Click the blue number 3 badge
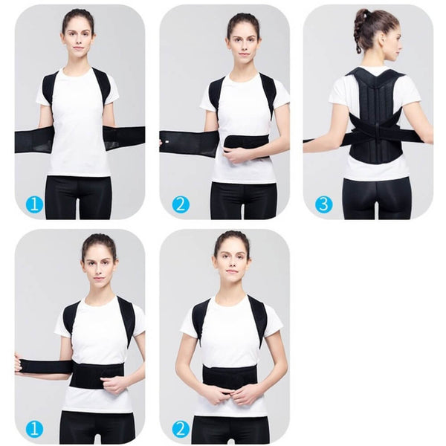click(x=323, y=204)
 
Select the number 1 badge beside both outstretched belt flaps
click(x=34, y=204)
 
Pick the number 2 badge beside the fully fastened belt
click(x=180, y=428)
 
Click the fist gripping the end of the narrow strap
click(x=19, y=364)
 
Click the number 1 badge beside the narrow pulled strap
click(x=34, y=428)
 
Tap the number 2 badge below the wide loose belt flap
click(x=180, y=204)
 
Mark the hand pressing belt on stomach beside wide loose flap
click(x=236, y=155)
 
